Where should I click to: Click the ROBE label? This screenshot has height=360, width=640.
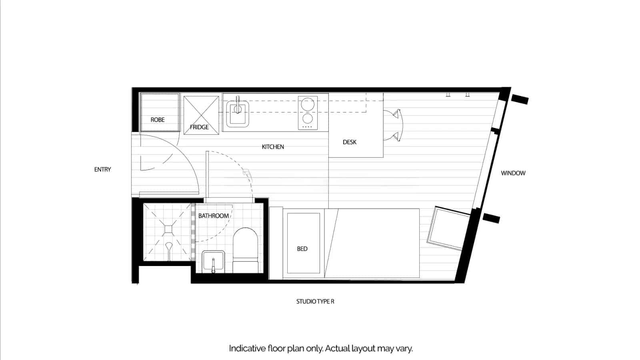coord(158,120)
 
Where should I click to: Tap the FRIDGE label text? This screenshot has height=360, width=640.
coord(199,127)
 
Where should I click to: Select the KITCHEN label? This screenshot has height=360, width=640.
coord(273,147)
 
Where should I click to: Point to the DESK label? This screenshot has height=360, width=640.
coord(350,142)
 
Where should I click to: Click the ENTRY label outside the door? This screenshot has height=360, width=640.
coord(102,170)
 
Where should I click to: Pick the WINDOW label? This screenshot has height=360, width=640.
coord(513,173)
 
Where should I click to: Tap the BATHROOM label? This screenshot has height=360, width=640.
coord(214,216)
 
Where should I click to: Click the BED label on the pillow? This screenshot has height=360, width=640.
coord(302,249)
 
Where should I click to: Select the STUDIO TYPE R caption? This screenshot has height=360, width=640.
coord(315,302)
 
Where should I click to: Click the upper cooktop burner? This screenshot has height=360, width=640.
coord(308,105)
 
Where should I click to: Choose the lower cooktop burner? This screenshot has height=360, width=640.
coord(308,118)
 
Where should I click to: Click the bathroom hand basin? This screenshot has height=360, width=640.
coord(213,261)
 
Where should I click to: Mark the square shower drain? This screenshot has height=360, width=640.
coord(168,229)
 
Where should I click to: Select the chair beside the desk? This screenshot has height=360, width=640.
coord(394,125)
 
